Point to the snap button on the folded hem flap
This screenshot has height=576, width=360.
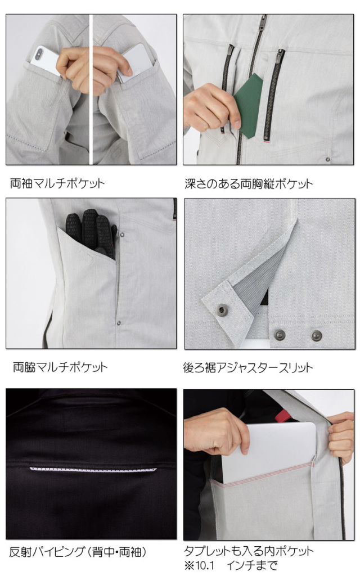(x=222, y=310)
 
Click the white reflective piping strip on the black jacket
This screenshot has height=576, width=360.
(x=93, y=470)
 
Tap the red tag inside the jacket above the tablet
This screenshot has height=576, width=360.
(x=282, y=416)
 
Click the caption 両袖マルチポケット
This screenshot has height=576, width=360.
(x=57, y=183)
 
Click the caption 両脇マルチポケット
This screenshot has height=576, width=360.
(x=60, y=367)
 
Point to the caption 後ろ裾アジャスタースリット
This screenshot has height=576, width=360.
(x=248, y=367)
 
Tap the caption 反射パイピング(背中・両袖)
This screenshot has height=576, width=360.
(x=78, y=551)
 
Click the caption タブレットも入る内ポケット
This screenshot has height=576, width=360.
(x=249, y=551)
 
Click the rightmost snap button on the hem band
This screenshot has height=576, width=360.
(x=317, y=335)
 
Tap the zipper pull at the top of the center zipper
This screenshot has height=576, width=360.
(x=262, y=22)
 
